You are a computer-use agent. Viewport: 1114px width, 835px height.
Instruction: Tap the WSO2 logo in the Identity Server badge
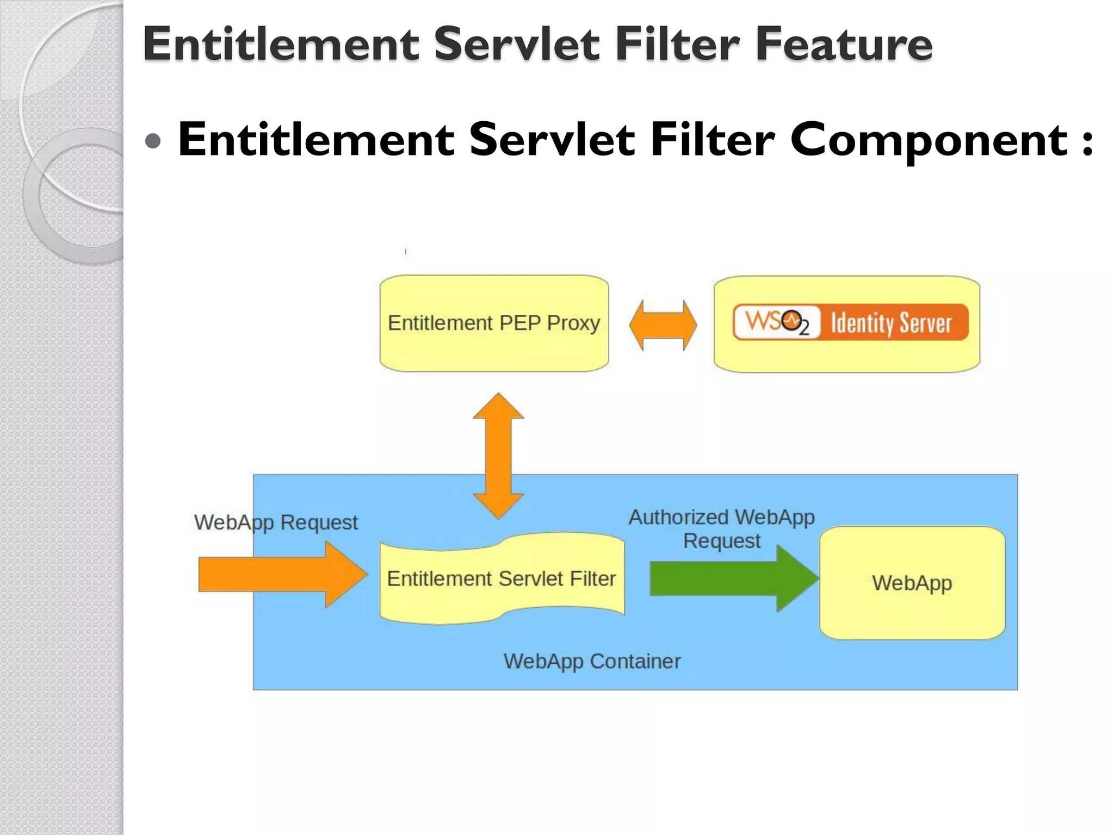click(776, 322)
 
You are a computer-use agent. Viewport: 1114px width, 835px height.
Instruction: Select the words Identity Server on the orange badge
click(891, 323)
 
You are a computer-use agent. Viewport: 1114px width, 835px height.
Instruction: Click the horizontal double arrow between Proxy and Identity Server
click(663, 325)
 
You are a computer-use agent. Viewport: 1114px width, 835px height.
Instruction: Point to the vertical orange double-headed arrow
click(498, 456)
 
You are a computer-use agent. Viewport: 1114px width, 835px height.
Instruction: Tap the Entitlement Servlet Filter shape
click(502, 578)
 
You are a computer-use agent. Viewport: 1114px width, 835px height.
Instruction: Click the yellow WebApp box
click(912, 583)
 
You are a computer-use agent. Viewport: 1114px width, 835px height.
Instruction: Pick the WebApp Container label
click(592, 661)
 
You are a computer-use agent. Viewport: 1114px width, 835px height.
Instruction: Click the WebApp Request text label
click(276, 522)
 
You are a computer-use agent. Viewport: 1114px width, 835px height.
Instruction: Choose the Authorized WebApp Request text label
click(721, 528)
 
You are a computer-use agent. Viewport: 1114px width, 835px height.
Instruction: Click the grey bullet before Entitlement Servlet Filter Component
click(154, 141)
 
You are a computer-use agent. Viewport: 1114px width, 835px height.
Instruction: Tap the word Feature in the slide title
click(844, 45)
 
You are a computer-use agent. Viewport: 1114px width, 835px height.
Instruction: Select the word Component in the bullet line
click(929, 140)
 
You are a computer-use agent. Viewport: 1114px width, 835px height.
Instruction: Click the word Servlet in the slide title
click(516, 45)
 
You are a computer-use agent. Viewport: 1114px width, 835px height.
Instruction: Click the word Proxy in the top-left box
click(573, 323)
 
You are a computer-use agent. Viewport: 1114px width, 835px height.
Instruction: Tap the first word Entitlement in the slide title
click(281, 45)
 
